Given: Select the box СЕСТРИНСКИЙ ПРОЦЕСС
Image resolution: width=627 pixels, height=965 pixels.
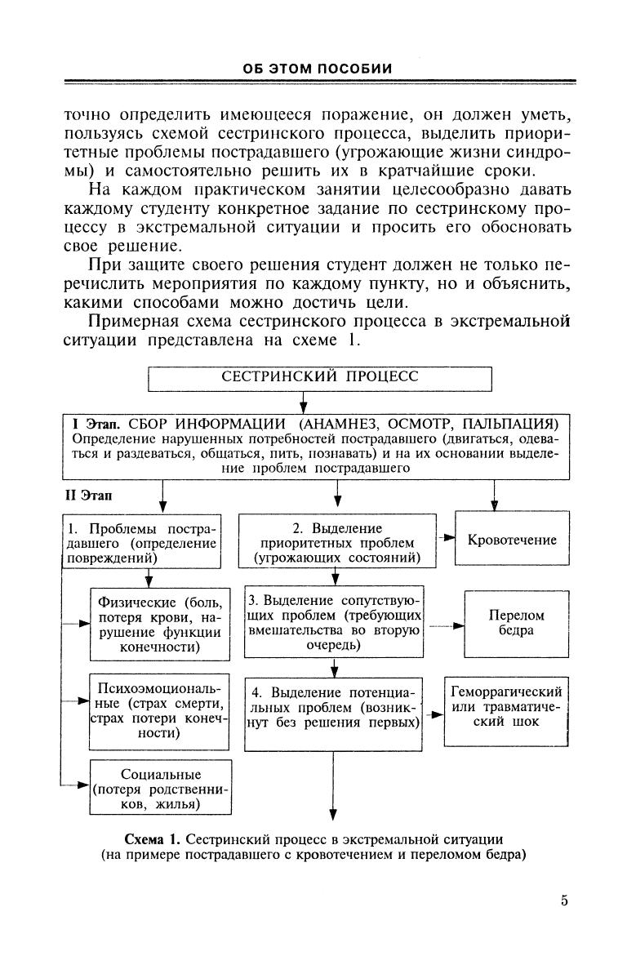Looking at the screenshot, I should click(320, 378).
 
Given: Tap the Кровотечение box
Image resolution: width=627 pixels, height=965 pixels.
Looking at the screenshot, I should click(512, 540).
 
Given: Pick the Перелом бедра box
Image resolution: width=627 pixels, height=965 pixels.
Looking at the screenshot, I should click(516, 622).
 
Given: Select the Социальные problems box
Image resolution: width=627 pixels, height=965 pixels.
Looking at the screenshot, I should click(160, 788).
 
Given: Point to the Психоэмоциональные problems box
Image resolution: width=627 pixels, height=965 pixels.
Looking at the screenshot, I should click(160, 709).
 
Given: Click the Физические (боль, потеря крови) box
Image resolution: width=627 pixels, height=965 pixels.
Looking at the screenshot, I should click(160, 625).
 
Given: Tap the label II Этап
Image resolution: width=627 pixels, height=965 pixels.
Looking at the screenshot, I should click(89, 495).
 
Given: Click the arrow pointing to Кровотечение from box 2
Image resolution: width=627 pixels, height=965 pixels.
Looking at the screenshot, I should click(446, 539).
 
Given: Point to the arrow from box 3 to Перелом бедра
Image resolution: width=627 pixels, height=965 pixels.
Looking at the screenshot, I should click(445, 627).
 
